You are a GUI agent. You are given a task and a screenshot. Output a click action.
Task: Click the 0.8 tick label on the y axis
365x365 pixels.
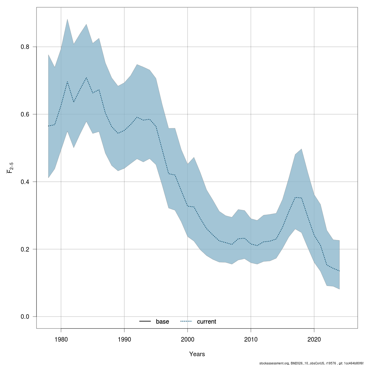tap(25, 47)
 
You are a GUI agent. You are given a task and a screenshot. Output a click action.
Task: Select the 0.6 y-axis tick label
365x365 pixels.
tap(25, 114)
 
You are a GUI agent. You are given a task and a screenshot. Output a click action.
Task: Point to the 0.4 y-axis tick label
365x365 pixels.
tap(25, 182)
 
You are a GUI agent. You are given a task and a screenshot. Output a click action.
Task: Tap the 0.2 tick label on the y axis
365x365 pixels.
tap(25, 249)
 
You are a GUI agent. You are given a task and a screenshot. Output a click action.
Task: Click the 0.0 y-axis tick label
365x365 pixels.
tap(25, 317)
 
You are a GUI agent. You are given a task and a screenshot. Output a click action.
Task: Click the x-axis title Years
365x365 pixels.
tap(197, 354)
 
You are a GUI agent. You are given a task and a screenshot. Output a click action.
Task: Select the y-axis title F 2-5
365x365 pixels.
tap(10, 168)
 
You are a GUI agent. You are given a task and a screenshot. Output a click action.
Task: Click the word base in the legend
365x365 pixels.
tap(162, 322)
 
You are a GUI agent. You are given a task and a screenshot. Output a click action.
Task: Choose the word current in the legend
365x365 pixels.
tap(207, 322)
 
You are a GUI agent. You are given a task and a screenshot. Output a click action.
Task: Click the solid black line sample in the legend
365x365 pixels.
tap(145, 322)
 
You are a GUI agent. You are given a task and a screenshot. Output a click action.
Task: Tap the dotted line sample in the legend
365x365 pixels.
tap(186, 322)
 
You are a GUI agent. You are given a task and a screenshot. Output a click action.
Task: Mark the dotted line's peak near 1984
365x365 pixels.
tap(86, 78)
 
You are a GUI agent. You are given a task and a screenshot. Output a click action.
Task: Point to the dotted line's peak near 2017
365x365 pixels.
tap(295, 197)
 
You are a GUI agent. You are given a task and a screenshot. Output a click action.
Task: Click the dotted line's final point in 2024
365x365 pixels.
tap(339, 271)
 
